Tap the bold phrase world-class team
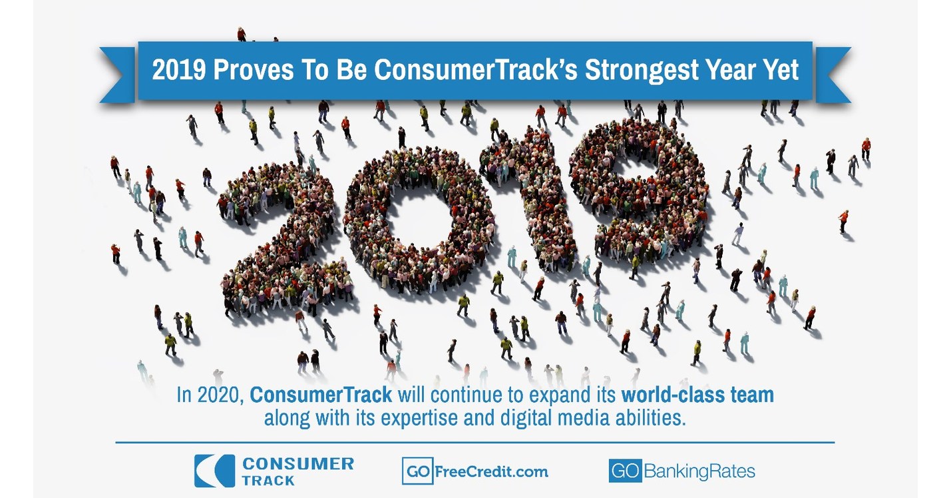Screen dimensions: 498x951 pos(697,395)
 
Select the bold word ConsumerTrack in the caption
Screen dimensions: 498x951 pos(321,395)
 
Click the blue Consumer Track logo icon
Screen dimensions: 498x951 pos(214,471)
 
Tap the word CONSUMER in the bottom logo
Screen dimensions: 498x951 pos(297,463)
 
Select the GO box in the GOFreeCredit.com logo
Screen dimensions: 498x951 pos(418,471)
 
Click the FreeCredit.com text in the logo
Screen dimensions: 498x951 pos(491,471)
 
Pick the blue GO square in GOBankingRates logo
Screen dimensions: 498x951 pos(624,471)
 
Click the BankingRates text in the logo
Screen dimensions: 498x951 pos(699,471)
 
